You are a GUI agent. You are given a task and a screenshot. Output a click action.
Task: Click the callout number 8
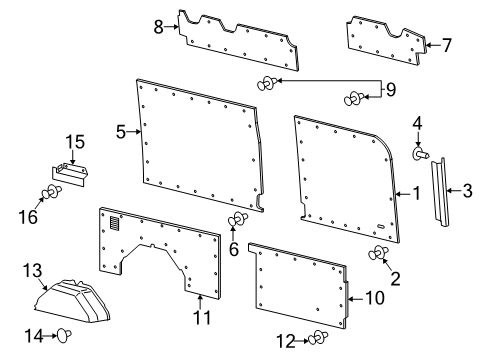coord(159,26)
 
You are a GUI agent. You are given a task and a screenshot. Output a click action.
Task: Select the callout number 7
coord(446,45)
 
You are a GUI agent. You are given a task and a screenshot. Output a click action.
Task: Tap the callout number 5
coord(121,130)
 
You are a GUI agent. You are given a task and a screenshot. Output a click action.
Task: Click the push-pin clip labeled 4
coord(420,155)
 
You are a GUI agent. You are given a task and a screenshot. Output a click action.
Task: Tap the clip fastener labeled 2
coord(380,253)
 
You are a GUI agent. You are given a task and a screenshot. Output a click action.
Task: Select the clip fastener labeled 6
coord(237,220)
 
